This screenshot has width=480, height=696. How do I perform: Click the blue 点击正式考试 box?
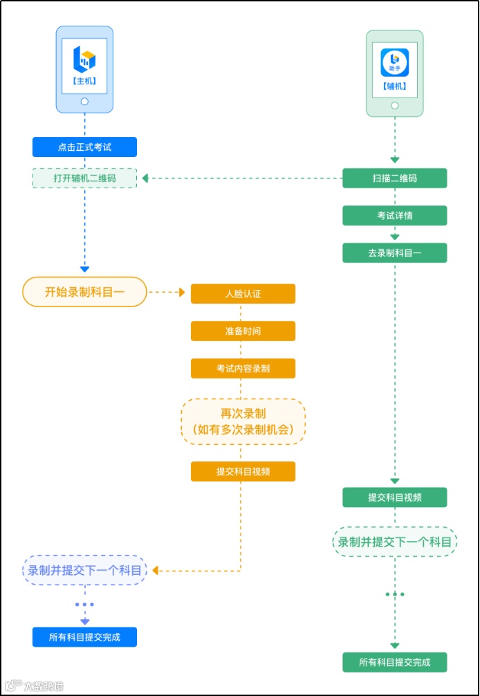point(84,147)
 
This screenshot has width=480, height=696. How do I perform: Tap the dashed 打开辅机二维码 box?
point(84,178)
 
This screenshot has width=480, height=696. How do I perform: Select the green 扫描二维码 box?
point(395,178)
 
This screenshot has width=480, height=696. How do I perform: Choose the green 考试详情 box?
point(395,216)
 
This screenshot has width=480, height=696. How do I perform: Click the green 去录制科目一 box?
point(395,253)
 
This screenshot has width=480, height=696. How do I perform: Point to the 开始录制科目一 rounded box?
point(85,292)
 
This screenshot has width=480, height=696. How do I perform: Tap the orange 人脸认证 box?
point(243,294)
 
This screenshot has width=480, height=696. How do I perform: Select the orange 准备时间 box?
point(243,331)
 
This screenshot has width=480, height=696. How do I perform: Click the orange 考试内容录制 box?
point(243,369)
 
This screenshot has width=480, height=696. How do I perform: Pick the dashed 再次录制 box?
point(243,421)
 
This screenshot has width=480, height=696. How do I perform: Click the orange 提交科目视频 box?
point(243,472)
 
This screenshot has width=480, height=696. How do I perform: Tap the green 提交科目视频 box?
point(395,497)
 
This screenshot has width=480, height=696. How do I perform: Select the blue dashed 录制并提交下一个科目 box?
point(85,571)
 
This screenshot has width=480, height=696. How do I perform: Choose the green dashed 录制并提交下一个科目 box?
point(395,542)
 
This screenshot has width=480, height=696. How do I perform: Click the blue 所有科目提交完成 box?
point(84,637)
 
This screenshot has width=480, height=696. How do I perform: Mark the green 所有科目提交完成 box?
point(395,662)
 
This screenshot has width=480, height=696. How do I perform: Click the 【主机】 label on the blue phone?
point(84,81)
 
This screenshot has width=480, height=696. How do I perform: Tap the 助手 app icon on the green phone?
point(395,63)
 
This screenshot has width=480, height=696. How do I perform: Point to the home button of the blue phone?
point(84,101)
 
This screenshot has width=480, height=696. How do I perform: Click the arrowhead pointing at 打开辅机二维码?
point(145,178)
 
